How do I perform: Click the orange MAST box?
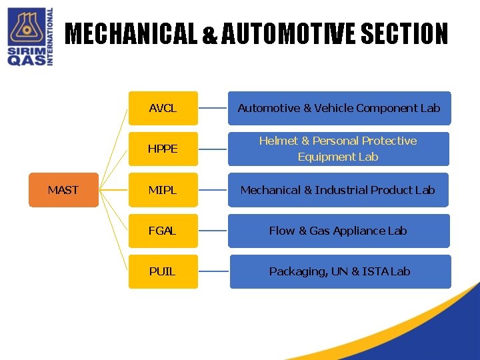63,190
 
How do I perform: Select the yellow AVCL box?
163,108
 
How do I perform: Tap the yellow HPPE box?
163,149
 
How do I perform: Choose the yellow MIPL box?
163,190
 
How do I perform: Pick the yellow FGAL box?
163,231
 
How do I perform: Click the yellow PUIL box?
163,271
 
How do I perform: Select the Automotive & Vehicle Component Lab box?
339,108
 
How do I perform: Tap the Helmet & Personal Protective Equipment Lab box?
339,149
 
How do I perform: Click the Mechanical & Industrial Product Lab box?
339,190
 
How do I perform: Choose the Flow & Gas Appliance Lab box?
339,231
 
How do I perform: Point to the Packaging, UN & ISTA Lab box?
340,271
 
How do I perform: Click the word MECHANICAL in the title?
131,34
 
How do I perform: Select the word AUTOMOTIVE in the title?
288,34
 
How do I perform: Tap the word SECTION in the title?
404,34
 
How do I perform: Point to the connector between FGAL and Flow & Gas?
213,231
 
